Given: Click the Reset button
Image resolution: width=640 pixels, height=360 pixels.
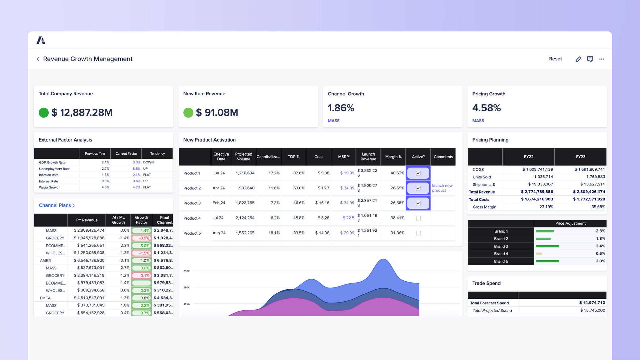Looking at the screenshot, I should pyautogui.click(x=555, y=59).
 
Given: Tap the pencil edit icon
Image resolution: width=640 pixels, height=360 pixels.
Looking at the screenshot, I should pyautogui.click(x=578, y=59).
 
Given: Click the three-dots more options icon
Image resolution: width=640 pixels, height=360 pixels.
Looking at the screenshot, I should pyautogui.click(x=602, y=59).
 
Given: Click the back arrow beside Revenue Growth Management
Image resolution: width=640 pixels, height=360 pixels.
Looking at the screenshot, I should pyautogui.click(x=38, y=59).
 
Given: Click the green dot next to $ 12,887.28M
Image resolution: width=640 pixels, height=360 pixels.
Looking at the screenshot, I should pyautogui.click(x=44, y=112).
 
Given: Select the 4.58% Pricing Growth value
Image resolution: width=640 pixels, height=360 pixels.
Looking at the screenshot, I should pyautogui.click(x=486, y=108).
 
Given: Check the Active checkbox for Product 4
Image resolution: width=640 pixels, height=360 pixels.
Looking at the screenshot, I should pyautogui.click(x=418, y=218).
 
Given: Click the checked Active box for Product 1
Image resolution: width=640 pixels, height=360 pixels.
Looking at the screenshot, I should pyautogui.click(x=418, y=173).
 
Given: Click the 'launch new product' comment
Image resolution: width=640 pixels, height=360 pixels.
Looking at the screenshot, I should pyautogui.click(x=442, y=188).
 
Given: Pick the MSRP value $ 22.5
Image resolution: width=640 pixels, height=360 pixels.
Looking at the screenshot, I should pyautogui.click(x=348, y=218).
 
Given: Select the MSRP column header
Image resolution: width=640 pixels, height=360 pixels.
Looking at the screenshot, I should pyautogui.click(x=343, y=157).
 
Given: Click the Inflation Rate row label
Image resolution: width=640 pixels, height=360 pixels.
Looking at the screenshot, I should pyautogui.click(x=49, y=175).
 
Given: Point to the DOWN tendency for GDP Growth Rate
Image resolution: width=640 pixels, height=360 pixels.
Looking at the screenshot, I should pyautogui.click(x=148, y=162).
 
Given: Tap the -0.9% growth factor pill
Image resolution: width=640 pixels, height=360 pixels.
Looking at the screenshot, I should pyautogui.click(x=141, y=238).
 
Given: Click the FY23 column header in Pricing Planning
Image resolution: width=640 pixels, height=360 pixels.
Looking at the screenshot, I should pyautogui.click(x=580, y=157).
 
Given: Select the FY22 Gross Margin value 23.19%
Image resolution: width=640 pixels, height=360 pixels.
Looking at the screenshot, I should pyautogui.click(x=546, y=207).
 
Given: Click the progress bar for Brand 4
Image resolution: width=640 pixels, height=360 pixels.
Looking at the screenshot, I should pyautogui.click(x=539, y=254).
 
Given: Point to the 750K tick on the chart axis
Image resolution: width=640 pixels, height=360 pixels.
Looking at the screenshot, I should pyautogui.click(x=187, y=271).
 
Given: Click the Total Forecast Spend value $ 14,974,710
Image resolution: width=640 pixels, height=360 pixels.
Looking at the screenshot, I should pyautogui.click(x=592, y=302).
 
